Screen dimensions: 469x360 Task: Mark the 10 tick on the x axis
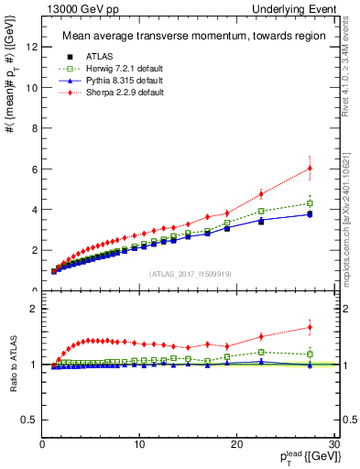(x=138, y=444)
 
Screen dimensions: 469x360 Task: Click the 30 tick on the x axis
(x=334, y=444)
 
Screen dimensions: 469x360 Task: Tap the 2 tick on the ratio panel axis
(x=35, y=309)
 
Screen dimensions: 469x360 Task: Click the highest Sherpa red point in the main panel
(x=310, y=168)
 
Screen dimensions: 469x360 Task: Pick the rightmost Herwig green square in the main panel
(x=310, y=203)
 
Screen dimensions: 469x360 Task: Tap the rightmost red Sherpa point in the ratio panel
(x=310, y=327)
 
